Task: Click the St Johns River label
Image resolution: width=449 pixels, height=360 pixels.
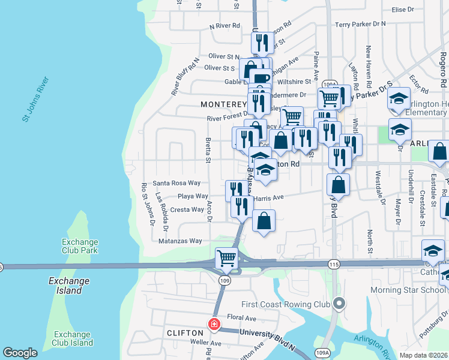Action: (x=35, y=100)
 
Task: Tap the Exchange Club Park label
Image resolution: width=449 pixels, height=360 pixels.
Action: (x=80, y=246)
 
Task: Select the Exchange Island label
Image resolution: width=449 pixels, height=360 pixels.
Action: (x=69, y=286)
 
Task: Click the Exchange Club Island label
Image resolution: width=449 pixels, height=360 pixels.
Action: (x=73, y=338)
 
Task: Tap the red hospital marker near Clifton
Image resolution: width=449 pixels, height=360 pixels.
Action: (x=214, y=325)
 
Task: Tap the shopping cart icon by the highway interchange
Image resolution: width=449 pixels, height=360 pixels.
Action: (x=226, y=259)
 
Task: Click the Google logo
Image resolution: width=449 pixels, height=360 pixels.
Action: (x=20, y=352)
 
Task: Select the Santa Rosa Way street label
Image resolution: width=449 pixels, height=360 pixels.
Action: (x=176, y=183)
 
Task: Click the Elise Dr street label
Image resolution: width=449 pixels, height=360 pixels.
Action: (x=403, y=10)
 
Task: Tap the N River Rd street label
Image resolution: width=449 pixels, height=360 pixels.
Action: (x=224, y=26)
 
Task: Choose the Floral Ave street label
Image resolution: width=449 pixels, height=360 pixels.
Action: (x=241, y=317)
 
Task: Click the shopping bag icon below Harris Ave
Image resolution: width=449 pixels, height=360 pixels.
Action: (x=264, y=221)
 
